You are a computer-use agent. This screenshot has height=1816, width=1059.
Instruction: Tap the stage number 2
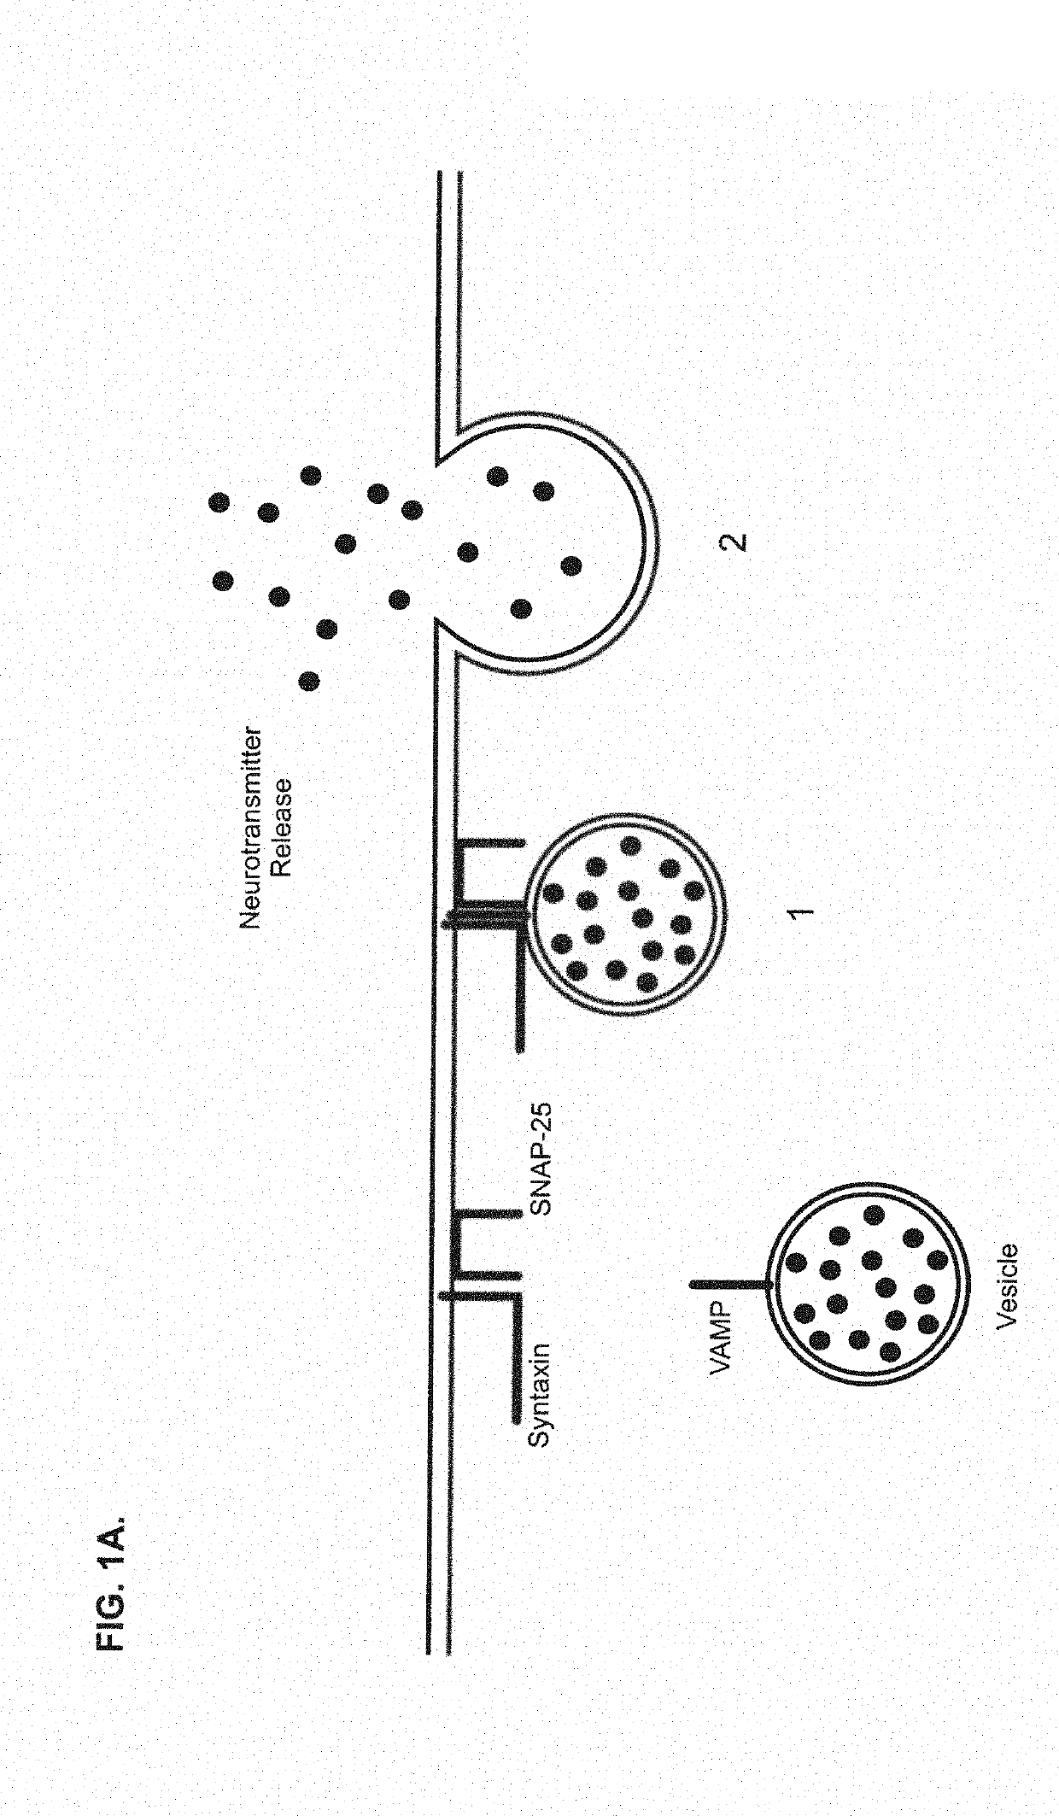(x=734, y=542)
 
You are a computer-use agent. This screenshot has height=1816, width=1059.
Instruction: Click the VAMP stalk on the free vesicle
(x=730, y=1283)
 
